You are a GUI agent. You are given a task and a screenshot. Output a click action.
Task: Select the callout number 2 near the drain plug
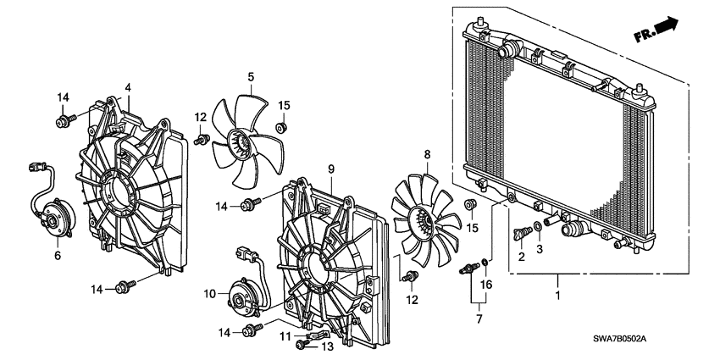(x=522, y=257)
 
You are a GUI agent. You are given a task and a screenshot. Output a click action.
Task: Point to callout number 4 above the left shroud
(x=127, y=87)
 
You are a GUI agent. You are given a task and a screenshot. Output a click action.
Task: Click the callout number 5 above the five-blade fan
(x=251, y=77)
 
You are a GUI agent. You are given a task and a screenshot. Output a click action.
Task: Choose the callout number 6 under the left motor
(x=58, y=254)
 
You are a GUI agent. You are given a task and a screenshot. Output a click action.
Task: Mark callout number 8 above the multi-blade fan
(x=428, y=155)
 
